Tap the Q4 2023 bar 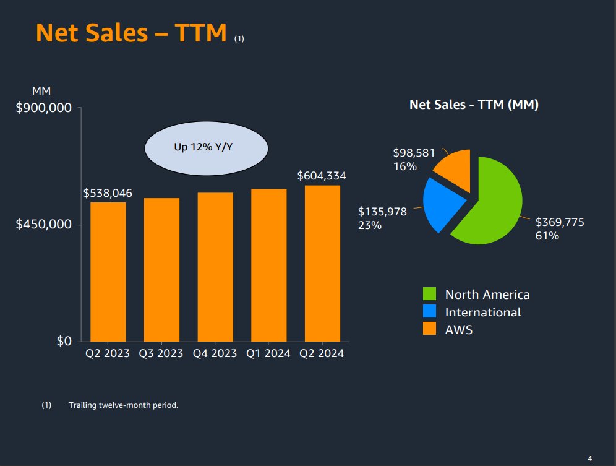pos(215,267)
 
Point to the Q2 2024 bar pos(322,263)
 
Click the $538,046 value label pos(108,194)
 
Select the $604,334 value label pos(322,176)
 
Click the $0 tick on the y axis pos(64,341)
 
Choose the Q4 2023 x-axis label pos(215,354)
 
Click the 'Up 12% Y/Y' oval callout pos(206,149)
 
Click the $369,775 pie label pos(560,222)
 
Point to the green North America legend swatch pos(430,295)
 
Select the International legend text pos(483,312)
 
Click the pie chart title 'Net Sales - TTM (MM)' pos(474,105)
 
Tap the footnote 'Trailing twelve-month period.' pos(124,405)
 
